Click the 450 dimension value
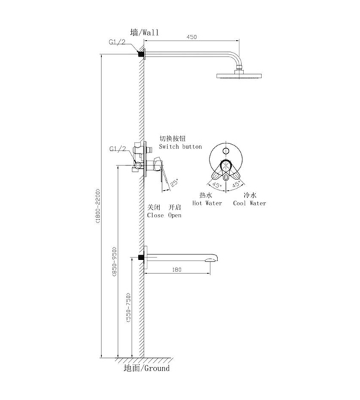tap(191, 37)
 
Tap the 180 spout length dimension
tap(177, 269)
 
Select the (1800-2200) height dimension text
tap(98, 206)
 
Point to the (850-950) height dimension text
tap(114, 262)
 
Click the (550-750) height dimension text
tap(129, 307)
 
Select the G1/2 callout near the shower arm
tap(117, 42)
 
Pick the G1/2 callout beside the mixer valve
tap(117, 149)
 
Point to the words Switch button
tap(181, 147)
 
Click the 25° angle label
tap(174, 183)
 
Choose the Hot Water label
tap(207, 203)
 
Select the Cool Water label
tap(249, 203)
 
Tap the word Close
tap(155, 215)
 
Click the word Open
tap(175, 215)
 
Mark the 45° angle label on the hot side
tap(217, 185)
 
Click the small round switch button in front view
tap(225, 151)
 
